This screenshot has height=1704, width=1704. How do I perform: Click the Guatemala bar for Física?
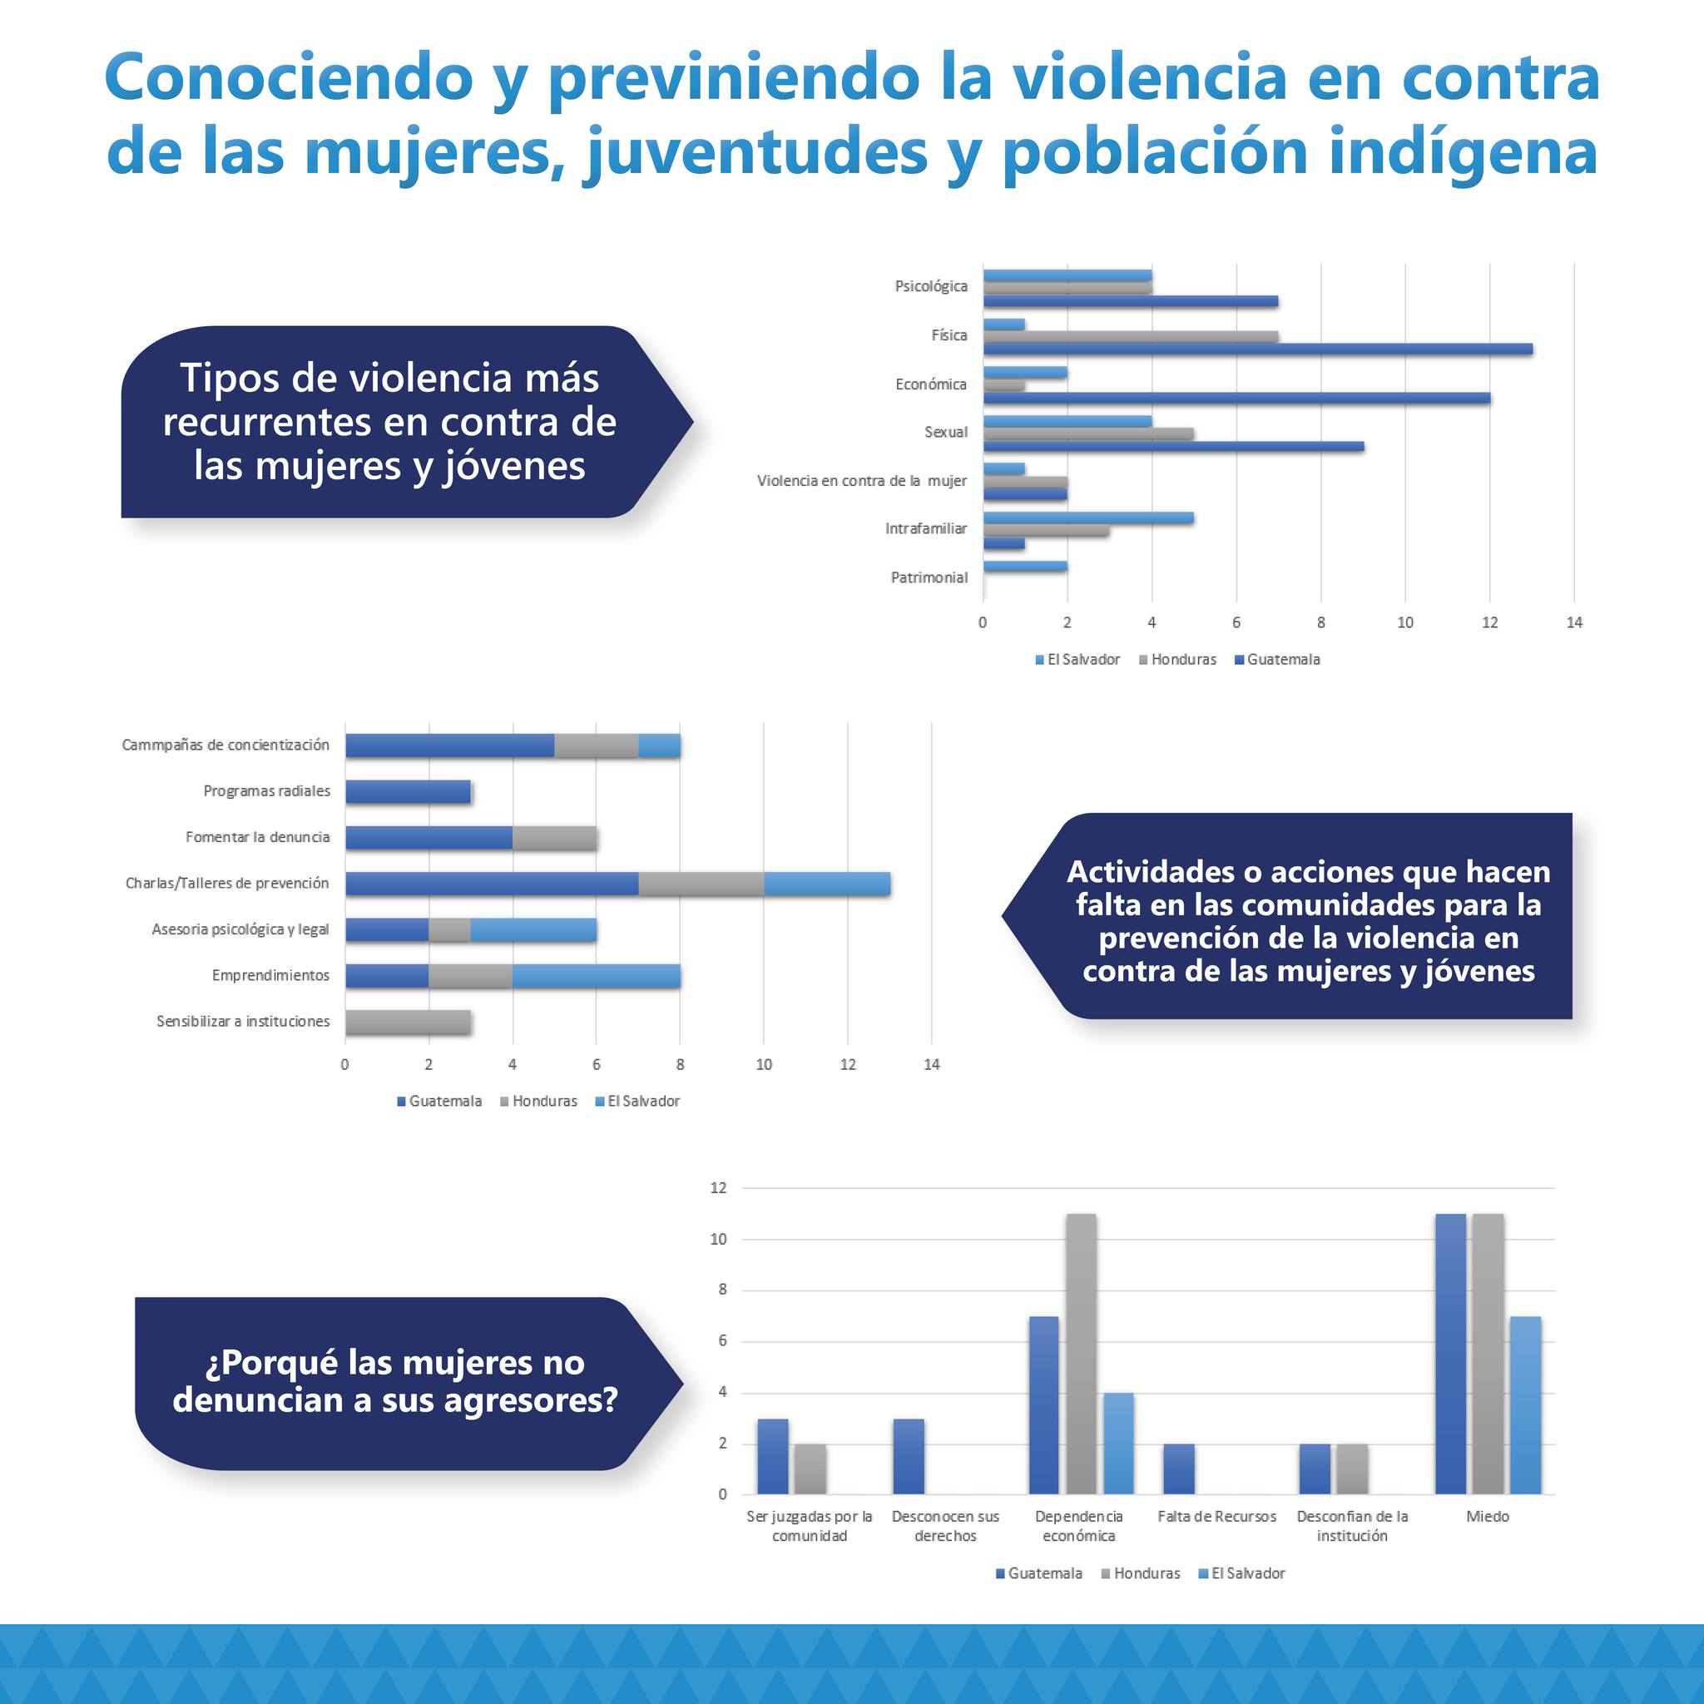click(x=1257, y=349)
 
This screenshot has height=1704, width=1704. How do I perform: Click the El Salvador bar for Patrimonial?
click(x=1025, y=567)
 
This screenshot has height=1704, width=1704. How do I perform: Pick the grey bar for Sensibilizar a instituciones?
click(x=408, y=1022)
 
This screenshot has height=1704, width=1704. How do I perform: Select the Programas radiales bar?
click(x=408, y=791)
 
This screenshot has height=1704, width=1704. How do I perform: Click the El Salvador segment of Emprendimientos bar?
click(x=596, y=975)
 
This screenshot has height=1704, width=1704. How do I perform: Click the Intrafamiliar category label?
click(x=925, y=529)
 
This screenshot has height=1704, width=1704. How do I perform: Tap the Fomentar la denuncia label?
click(x=258, y=837)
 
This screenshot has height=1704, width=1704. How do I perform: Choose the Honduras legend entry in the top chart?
click(x=1183, y=660)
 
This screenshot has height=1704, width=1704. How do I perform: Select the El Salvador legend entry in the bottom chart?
click(x=1247, y=1573)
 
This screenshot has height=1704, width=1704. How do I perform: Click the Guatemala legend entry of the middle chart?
click(x=444, y=1101)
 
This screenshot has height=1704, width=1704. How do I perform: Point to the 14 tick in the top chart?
click(x=1573, y=622)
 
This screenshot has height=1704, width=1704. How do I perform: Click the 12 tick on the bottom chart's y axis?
click(x=718, y=1188)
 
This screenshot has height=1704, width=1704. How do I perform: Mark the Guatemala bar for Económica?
click(x=1236, y=398)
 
